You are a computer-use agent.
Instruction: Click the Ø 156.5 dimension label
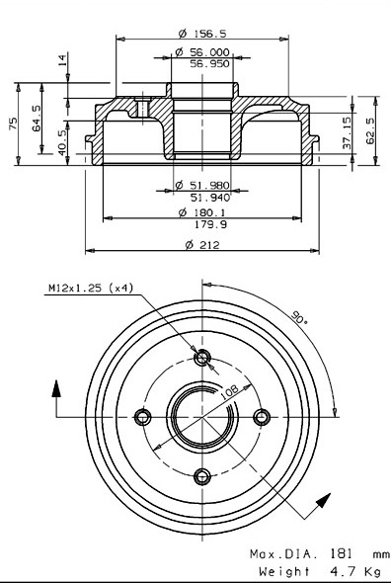(202, 34)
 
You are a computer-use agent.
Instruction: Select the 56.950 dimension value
(210, 63)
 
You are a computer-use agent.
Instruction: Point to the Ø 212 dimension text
(202, 245)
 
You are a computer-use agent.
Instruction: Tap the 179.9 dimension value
(210, 224)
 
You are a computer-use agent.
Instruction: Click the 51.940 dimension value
(210, 198)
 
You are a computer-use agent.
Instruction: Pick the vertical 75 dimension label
(13, 124)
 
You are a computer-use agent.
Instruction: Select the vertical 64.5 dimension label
(37, 118)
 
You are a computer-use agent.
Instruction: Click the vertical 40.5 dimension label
(62, 142)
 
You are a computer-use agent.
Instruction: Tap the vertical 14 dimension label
(62, 59)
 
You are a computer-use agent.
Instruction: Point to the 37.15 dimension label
(347, 132)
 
